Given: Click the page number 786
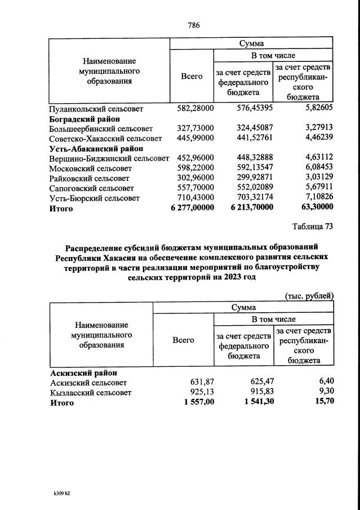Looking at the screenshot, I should click(x=193, y=25).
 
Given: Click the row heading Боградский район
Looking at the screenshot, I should click(x=85, y=118).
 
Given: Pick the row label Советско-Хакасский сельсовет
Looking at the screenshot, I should click(x=105, y=139).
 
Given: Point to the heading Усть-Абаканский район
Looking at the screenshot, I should click(x=96, y=149).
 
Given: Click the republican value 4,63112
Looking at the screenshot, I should click(x=313, y=158).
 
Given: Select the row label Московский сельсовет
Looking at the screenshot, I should click(x=91, y=168).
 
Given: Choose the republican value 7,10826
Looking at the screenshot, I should click(x=313, y=198).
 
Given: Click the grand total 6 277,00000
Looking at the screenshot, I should click(x=192, y=208).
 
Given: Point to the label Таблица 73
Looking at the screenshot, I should click(x=313, y=227).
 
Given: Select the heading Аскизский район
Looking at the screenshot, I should click(x=84, y=373).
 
